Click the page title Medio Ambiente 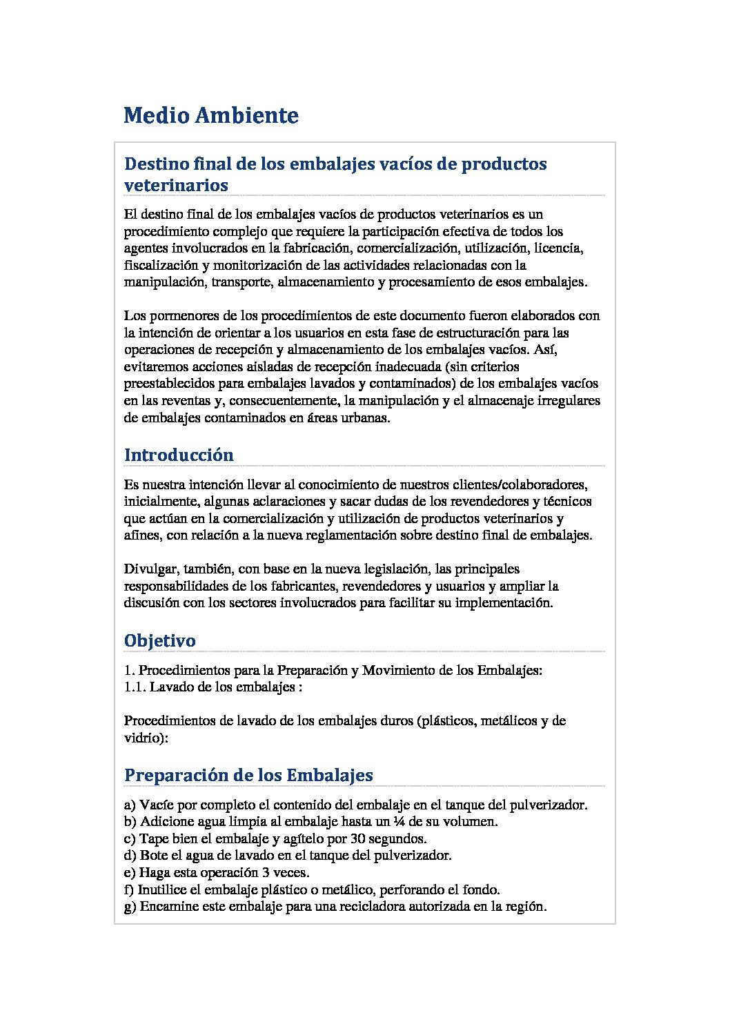211,115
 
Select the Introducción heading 179,455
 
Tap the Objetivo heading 159,640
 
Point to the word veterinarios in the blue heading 176,185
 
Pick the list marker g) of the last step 130,906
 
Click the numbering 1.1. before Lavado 135,687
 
